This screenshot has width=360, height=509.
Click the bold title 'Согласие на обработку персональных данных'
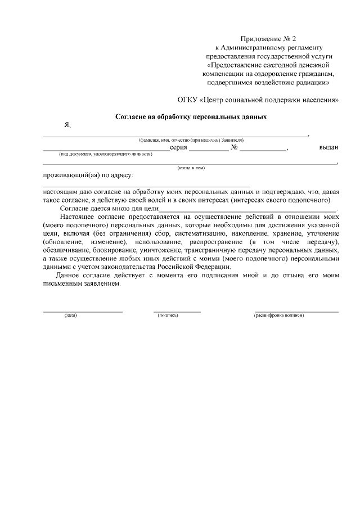(191, 117)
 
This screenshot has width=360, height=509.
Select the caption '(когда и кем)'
(191, 168)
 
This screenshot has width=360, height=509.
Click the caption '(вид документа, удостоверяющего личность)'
(106, 154)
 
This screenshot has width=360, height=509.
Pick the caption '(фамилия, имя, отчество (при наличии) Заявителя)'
(191, 139)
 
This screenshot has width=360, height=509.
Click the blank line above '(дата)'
(83, 310)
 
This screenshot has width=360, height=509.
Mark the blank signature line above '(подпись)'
(177, 310)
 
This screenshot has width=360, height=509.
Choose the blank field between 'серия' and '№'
(208, 150)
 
